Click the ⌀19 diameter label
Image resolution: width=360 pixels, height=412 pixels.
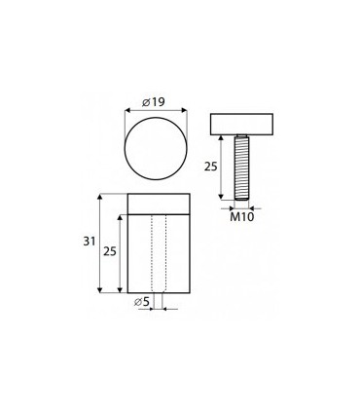click(154, 102)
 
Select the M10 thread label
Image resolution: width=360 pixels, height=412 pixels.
click(242, 217)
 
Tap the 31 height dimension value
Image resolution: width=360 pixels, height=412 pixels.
click(90, 242)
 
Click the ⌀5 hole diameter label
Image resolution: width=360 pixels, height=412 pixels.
click(142, 302)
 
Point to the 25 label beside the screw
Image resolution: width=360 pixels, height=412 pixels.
click(210, 167)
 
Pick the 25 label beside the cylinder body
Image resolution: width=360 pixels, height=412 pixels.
click(110, 251)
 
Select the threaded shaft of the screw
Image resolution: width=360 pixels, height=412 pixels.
click(241, 168)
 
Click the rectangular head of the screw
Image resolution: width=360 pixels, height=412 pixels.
click(241, 125)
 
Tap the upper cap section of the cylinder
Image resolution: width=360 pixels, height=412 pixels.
click(159, 204)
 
